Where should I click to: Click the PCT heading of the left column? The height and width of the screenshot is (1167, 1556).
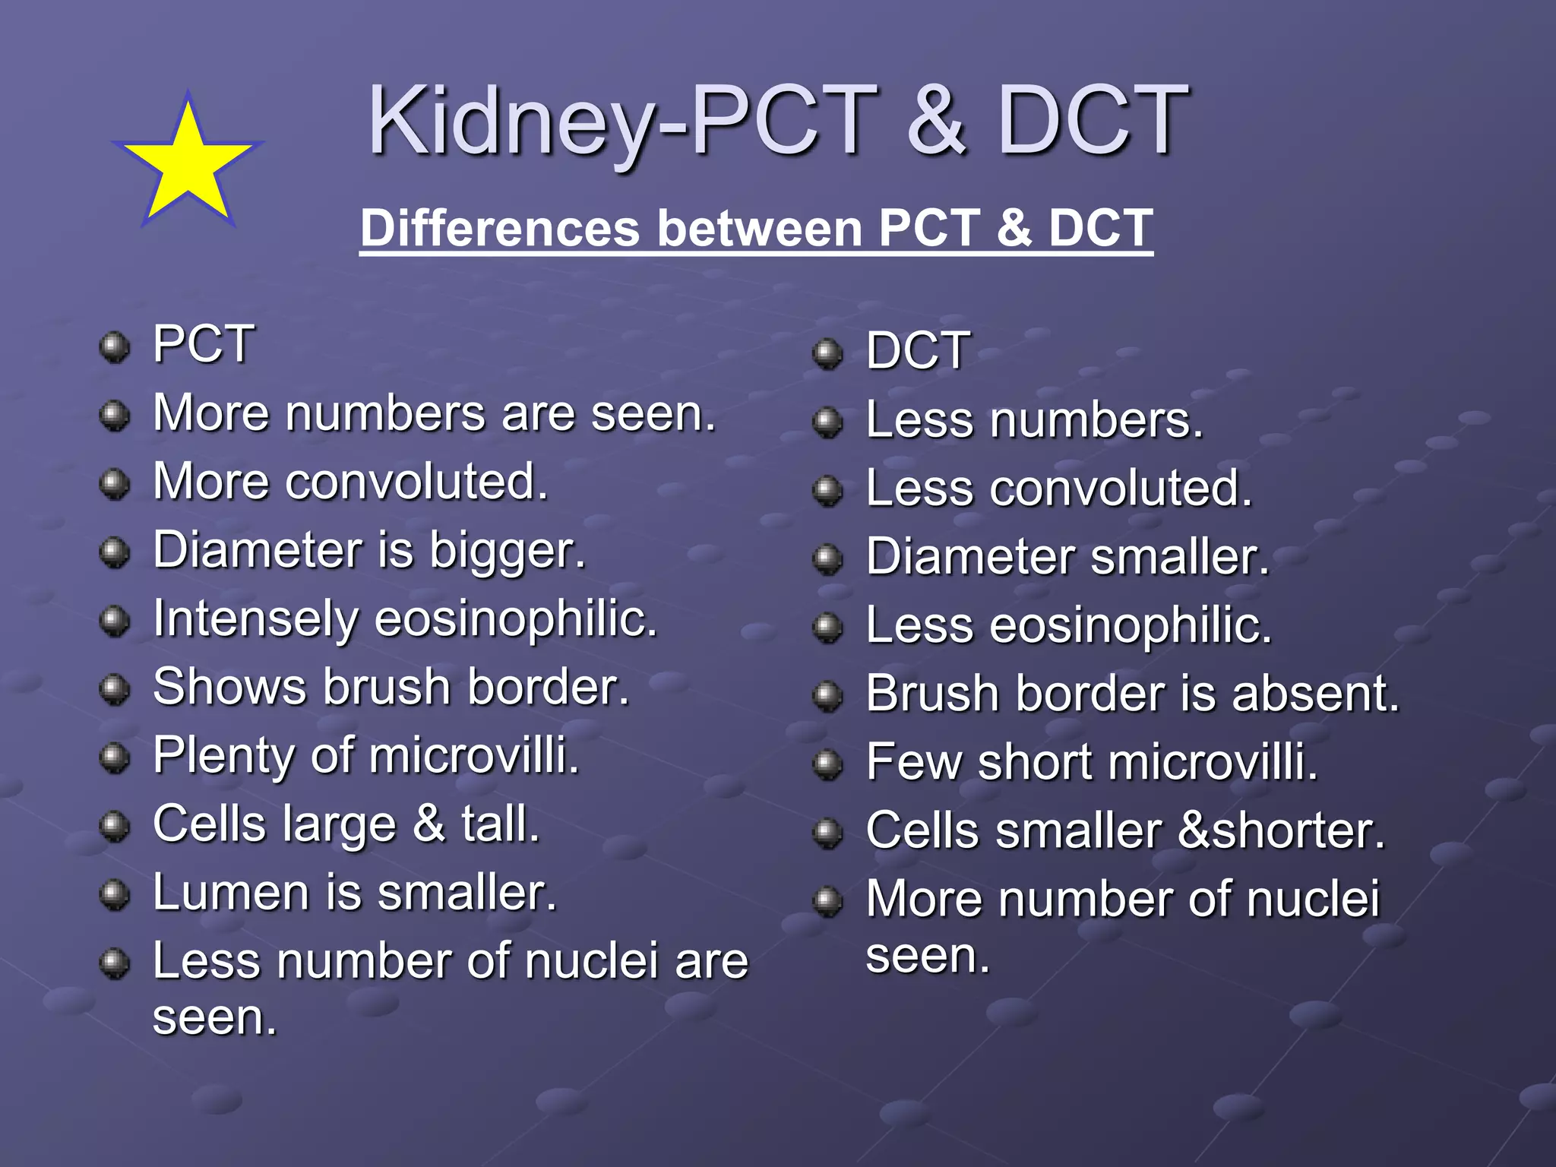[204, 344]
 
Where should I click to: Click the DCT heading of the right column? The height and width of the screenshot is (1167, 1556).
[918, 351]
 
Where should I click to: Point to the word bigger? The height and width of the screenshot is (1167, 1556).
[508, 551]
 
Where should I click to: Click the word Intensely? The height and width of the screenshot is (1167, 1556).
[255, 619]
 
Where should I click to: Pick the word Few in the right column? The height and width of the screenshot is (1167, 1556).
[914, 762]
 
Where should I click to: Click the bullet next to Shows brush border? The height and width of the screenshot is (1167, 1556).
[115, 689]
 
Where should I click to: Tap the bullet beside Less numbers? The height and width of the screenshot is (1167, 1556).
[827, 422]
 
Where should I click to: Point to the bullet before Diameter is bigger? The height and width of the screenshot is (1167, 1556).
[115, 552]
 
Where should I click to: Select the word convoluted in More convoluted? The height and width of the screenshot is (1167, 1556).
[416, 482]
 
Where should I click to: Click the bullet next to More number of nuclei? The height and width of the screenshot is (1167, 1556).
[827, 901]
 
